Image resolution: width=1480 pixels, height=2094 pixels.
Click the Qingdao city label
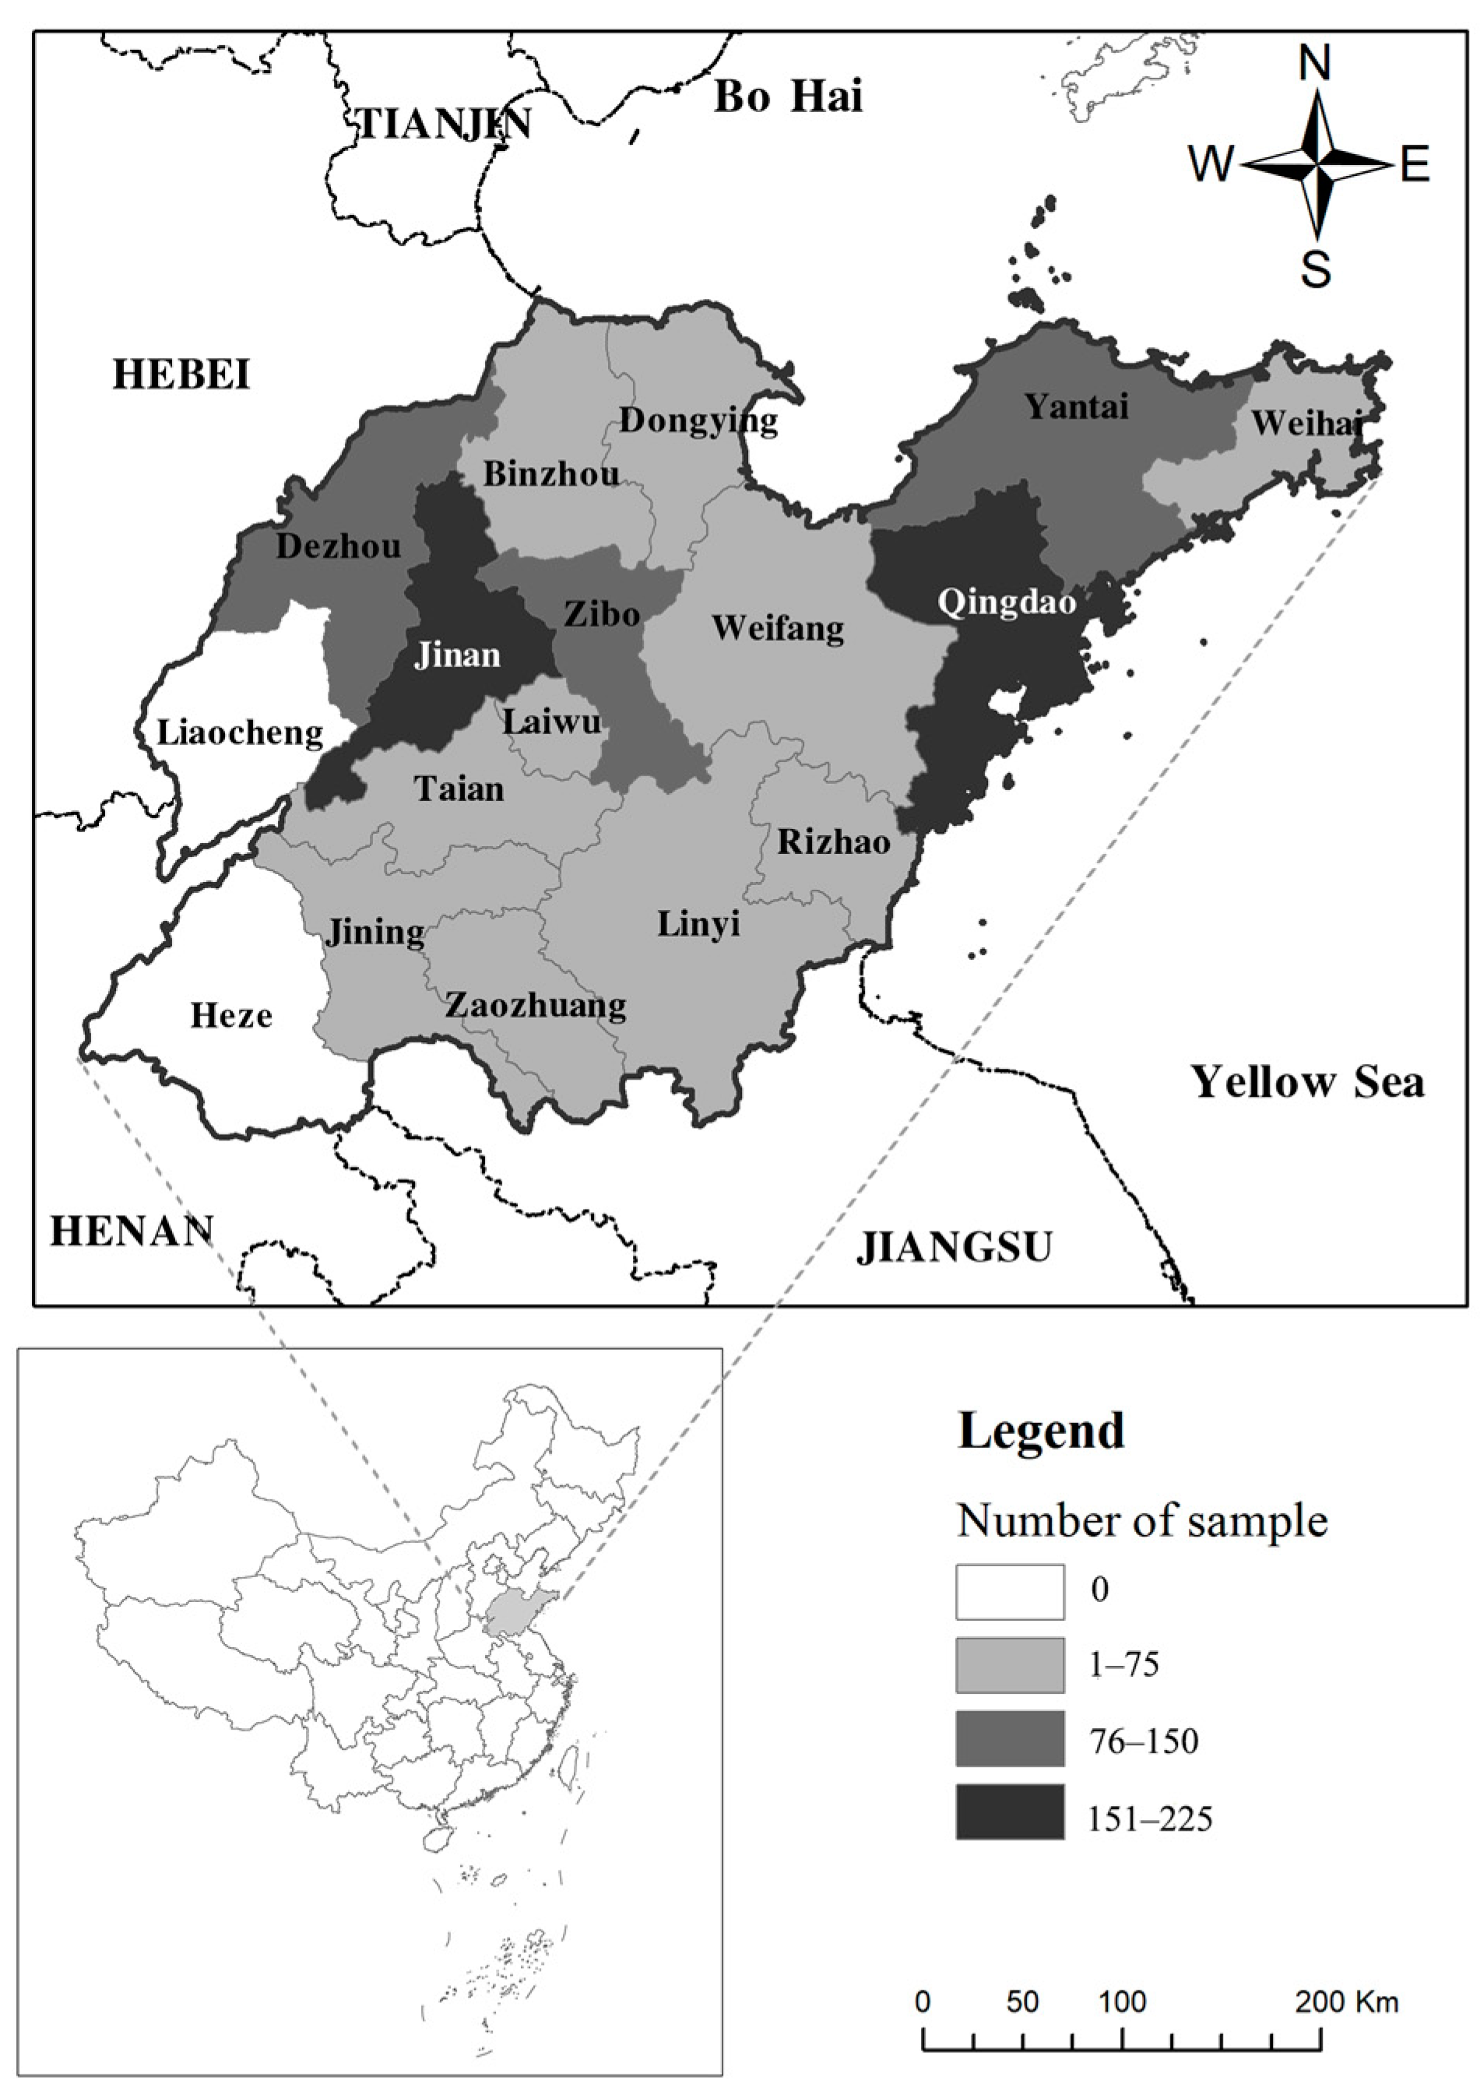1006,603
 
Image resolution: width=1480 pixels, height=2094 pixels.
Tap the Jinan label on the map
457,655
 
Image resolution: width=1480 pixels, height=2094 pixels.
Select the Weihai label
1305,423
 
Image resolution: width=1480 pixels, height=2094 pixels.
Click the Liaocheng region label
240,733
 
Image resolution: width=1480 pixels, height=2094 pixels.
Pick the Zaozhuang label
536,1005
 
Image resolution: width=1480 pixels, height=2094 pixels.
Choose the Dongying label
698,420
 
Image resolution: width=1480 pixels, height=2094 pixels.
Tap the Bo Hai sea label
787,97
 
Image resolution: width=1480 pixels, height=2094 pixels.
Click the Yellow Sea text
1306,1082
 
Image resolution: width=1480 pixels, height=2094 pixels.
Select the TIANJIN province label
445,123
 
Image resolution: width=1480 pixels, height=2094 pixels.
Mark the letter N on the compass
1314,64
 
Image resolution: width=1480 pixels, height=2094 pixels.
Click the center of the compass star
1318,166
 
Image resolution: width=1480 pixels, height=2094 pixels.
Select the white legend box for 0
1010,1591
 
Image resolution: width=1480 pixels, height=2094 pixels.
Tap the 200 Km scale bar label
1346,2002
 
